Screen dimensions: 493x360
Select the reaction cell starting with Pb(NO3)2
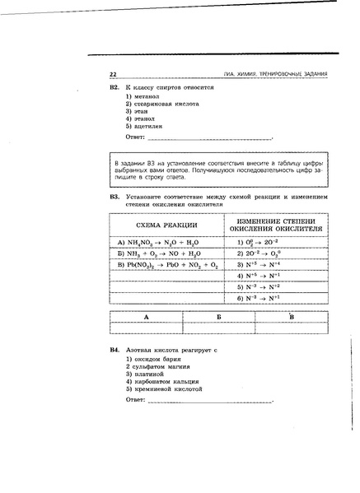(x=168, y=266)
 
